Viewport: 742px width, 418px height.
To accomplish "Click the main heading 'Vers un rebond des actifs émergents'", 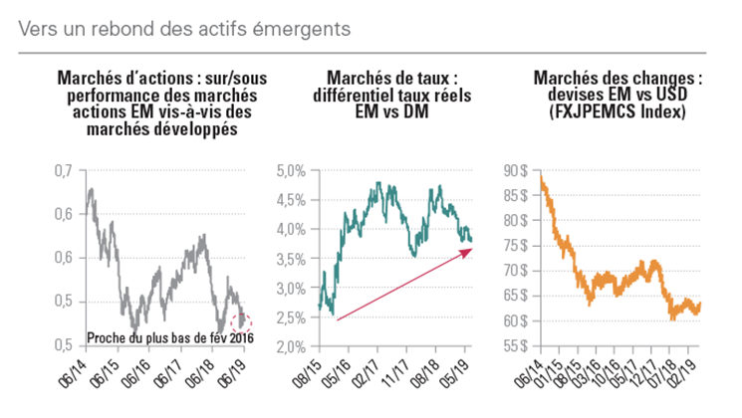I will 183,28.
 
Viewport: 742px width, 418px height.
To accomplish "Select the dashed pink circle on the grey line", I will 241,321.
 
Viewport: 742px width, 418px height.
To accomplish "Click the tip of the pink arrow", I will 471,250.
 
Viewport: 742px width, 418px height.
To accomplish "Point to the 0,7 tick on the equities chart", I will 62,171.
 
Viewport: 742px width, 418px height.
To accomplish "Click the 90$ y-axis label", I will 516,171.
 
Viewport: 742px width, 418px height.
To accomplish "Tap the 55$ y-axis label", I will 516,346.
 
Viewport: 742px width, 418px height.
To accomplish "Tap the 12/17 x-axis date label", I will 647,374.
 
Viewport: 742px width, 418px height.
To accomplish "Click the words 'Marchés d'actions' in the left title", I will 112,78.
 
